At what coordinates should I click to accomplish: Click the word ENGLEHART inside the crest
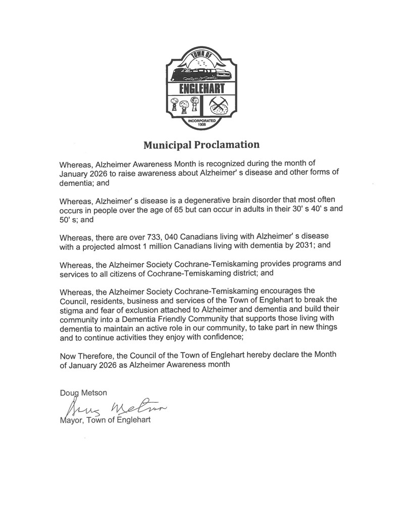tap(201, 90)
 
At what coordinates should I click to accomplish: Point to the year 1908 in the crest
tap(201, 124)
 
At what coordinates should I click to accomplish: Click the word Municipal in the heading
tap(167, 146)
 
